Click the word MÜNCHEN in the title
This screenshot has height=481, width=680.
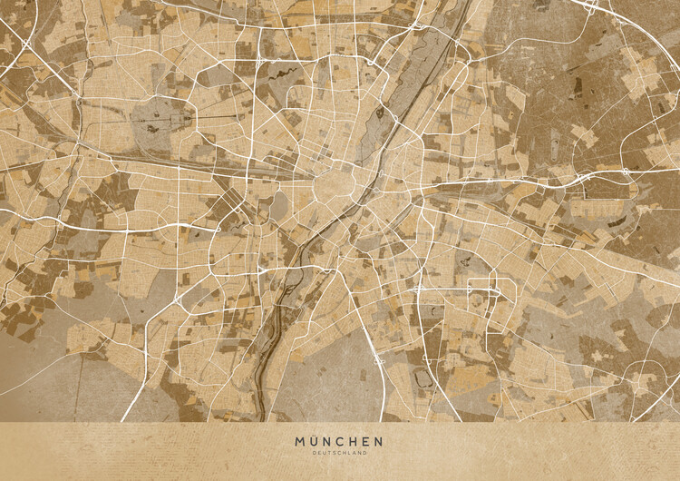coord(339,442)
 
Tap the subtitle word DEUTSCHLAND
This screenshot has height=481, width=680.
coord(339,453)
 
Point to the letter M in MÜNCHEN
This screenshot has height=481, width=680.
coord(300,442)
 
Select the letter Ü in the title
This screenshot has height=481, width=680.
coord(314,442)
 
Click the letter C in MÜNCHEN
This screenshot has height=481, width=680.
coord(340,442)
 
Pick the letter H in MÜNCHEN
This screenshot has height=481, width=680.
coord(353,442)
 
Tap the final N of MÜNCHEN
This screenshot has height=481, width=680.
coord(378,442)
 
